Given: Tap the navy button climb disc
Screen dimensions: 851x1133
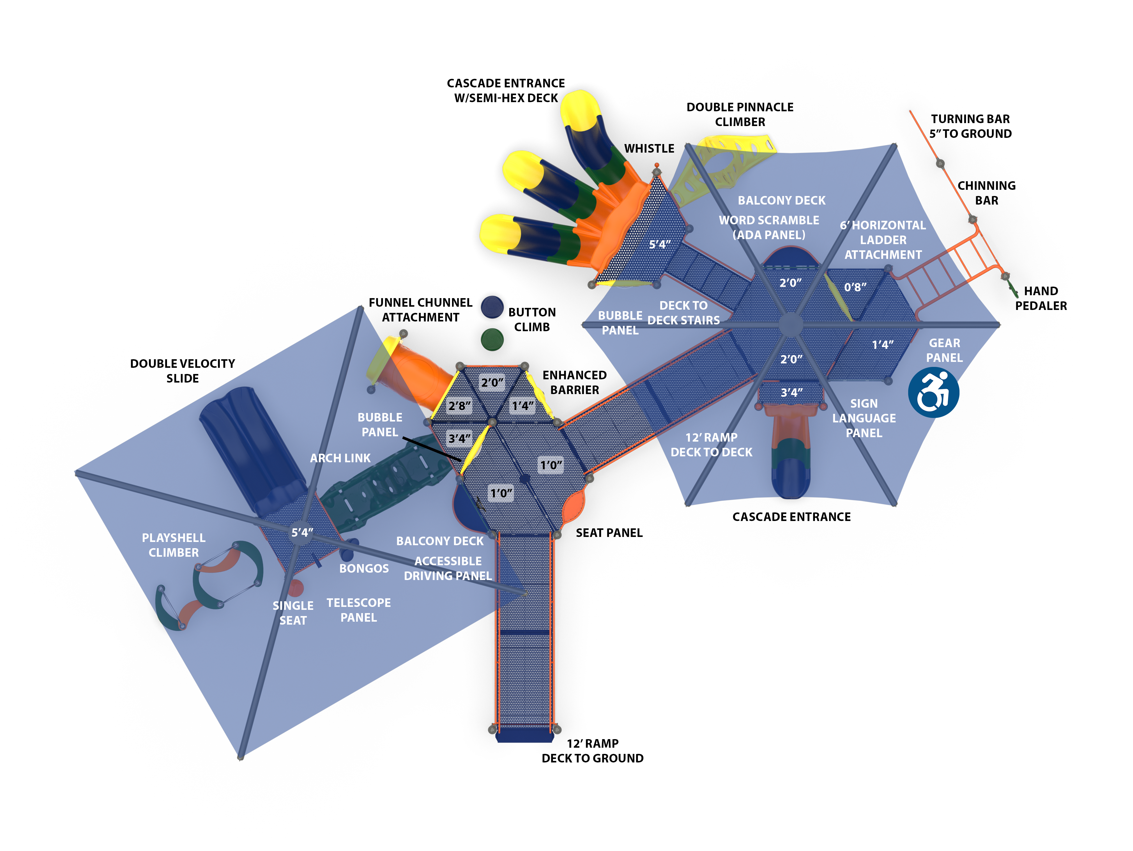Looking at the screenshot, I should (492, 307).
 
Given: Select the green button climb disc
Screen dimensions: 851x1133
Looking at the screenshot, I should (492, 339).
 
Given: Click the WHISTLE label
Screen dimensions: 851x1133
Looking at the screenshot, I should (649, 148).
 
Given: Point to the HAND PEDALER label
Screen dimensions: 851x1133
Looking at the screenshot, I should (1041, 298).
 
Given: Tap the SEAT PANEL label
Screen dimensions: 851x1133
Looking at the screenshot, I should (609, 533).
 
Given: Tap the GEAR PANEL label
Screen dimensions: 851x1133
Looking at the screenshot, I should (944, 350).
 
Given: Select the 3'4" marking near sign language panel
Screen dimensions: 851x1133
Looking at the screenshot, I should (791, 393).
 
